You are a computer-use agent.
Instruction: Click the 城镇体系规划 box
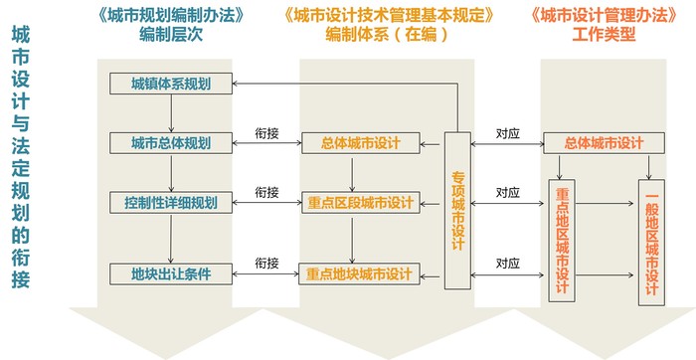point(171,83)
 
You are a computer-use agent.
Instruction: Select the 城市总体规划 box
point(171,143)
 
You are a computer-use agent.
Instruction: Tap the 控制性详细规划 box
point(171,203)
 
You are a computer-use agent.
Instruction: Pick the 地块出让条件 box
point(171,270)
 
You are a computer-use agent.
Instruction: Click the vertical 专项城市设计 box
point(458,205)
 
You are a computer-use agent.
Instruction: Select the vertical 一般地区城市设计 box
point(651,238)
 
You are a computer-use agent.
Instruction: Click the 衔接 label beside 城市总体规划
point(266,131)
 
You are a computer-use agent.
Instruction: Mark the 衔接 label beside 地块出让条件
point(266,263)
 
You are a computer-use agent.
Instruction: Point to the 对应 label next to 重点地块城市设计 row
point(507,263)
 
